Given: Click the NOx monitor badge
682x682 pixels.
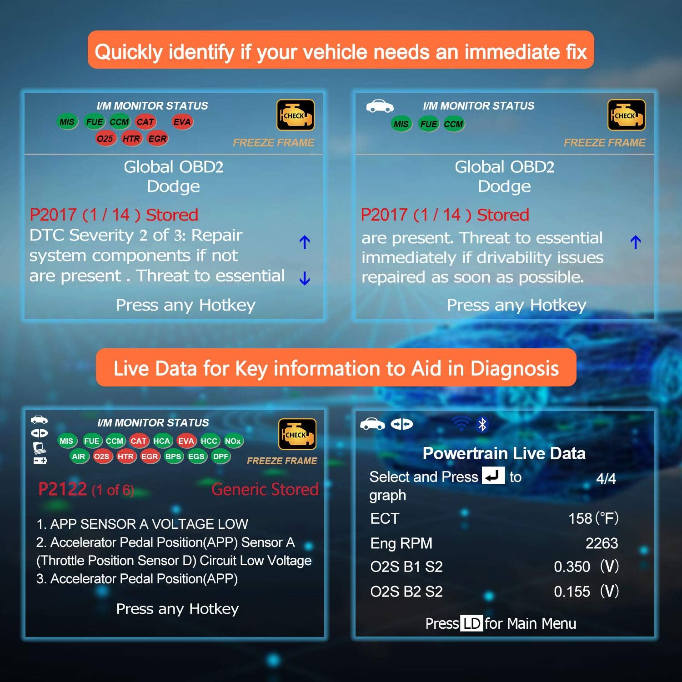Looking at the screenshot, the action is coord(233,441).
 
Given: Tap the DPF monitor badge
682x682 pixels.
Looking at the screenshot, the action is coord(221,456).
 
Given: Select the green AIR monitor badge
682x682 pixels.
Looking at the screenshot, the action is coord(79,456).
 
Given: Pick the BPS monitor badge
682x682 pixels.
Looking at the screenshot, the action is coord(173,456).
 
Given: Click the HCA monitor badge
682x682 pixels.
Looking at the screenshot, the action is coord(161,441).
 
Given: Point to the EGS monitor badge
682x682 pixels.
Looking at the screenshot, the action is coord(196,456).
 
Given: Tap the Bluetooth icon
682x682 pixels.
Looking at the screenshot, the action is coord(482,425).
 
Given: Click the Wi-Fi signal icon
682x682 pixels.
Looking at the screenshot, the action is coord(461,424).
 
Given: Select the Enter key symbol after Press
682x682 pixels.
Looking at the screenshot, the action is coord(493,476).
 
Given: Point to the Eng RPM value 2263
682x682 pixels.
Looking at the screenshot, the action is coord(602,543).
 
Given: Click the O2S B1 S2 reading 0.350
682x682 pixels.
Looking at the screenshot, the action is coord(572,567).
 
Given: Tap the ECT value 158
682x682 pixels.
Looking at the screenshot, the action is coord(580,519).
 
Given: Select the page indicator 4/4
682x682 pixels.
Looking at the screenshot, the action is coord(606,478).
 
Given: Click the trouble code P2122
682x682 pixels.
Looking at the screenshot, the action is coord(63,490).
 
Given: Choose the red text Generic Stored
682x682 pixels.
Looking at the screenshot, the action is coord(265,490).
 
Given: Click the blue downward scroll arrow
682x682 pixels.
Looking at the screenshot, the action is coord(305,278).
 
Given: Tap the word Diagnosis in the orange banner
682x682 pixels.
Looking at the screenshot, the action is coord(514,368).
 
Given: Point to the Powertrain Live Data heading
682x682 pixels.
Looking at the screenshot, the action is coord(504,453).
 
